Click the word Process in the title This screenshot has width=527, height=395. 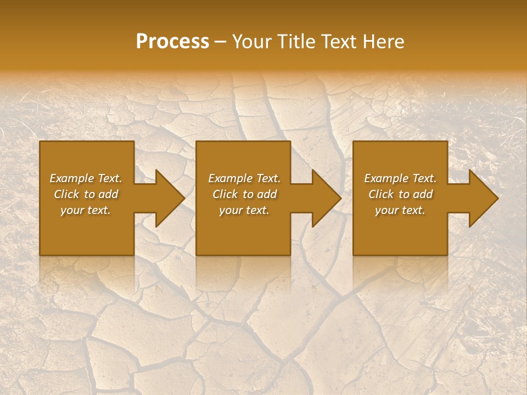click(x=172, y=42)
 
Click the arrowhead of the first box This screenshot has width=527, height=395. click(x=168, y=198)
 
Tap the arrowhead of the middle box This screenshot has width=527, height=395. click(x=324, y=198)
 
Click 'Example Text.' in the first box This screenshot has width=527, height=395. click(x=86, y=178)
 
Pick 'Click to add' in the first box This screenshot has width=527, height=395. click(x=86, y=194)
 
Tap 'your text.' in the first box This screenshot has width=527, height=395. click(x=86, y=210)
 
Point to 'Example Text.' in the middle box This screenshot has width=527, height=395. click(x=244, y=178)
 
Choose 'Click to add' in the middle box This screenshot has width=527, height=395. click(x=244, y=194)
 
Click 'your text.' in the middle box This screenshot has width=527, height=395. click(x=244, y=210)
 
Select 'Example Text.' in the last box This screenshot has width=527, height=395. click(x=400, y=178)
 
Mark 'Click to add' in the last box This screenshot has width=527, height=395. click(x=400, y=194)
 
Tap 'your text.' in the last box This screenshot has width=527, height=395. click(x=400, y=210)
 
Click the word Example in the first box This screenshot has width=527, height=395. click(x=72, y=178)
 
